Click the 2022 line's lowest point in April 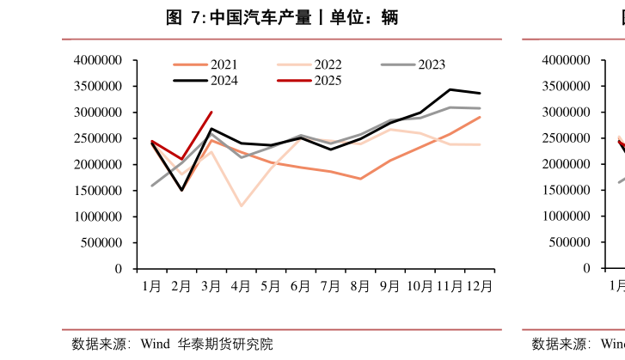pyautogui.click(x=241, y=206)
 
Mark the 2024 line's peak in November pyautogui.click(x=450, y=89)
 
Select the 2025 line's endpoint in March pyautogui.click(x=211, y=112)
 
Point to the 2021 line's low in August pyautogui.click(x=360, y=179)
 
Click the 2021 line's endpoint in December pyautogui.click(x=480, y=117)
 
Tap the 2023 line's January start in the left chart pyautogui.click(x=152, y=186)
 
